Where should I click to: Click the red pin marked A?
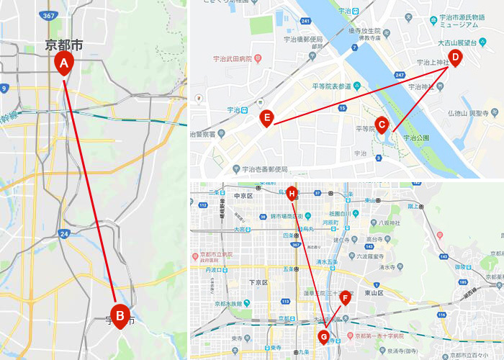63,64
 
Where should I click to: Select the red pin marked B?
120,314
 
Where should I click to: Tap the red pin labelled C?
382,125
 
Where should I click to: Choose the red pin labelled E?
267,117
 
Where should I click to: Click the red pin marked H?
292,193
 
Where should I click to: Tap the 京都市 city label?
63,45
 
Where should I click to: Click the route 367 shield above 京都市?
49,15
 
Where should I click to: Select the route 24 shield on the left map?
64,234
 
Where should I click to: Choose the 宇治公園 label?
415,137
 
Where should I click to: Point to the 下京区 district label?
258,282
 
